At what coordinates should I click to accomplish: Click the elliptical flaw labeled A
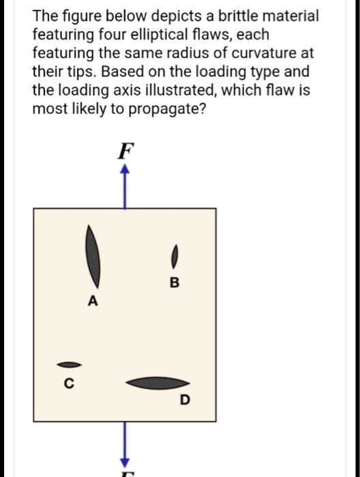point(93,257)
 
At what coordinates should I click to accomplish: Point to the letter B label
point(174,283)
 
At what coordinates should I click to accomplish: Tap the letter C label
point(67,384)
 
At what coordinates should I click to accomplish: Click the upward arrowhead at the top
point(124,172)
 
